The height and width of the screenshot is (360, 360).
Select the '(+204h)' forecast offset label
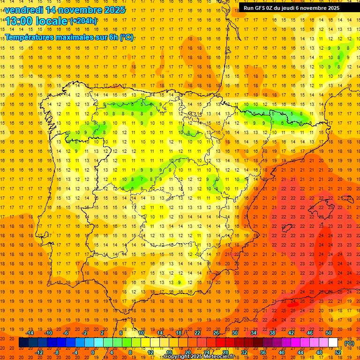click(x=83, y=21)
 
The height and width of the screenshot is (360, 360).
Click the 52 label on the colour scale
click(x=338, y=352)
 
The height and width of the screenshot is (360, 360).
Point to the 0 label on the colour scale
click(x=93, y=352)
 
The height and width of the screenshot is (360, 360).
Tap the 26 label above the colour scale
click(x=216, y=333)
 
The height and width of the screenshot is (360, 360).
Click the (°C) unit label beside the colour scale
click(x=349, y=343)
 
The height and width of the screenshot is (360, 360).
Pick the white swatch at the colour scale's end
click(x=333, y=343)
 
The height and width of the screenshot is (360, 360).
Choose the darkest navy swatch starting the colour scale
click(x=23, y=343)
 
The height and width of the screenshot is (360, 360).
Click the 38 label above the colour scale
click(x=272, y=333)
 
